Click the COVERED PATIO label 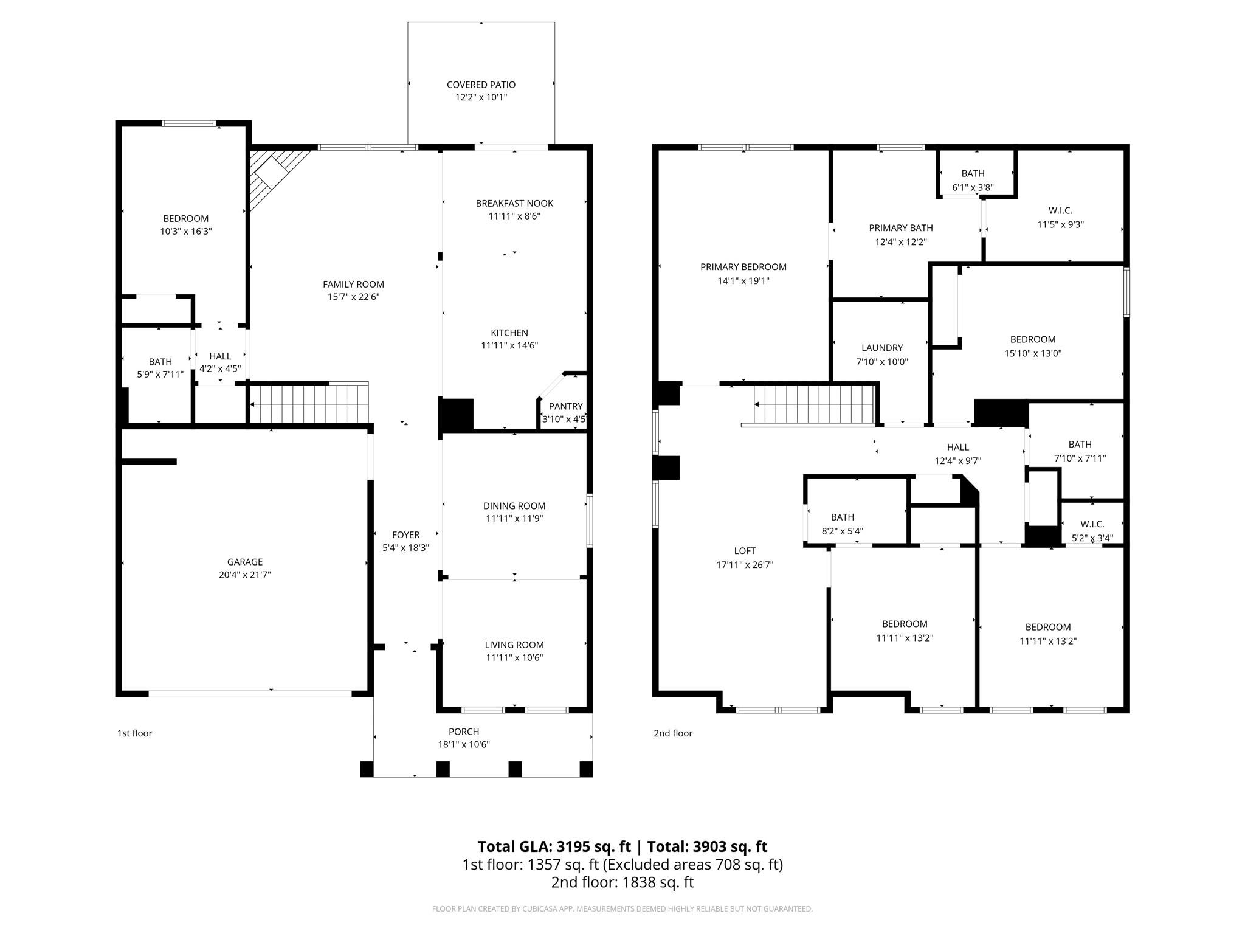(x=481, y=85)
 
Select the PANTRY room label (x=565, y=406)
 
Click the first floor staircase (x=309, y=404)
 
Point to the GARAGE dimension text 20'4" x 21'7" (x=245, y=575)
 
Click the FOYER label (x=405, y=535)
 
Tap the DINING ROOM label (x=514, y=506)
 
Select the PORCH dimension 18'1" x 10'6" (x=464, y=744)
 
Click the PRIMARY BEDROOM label (x=743, y=267)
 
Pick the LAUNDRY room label (x=882, y=348)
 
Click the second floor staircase (x=815, y=404)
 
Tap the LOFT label (x=745, y=551)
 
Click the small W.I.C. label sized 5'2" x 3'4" (x=1092, y=524)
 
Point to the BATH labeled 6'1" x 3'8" (x=973, y=173)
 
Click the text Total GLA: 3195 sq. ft (x=554, y=846)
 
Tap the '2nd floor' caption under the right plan (x=673, y=733)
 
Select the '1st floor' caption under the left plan (x=134, y=733)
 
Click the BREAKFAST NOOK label (x=514, y=203)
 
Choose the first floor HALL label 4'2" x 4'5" (x=220, y=356)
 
